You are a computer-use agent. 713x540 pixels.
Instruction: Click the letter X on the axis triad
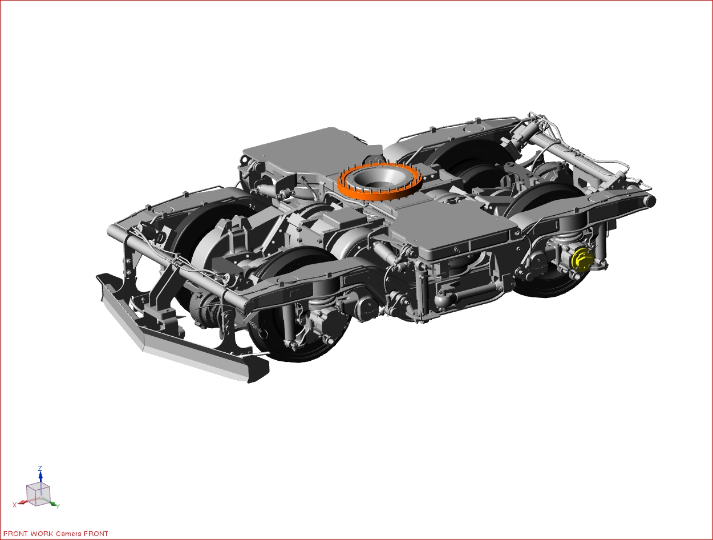(14, 505)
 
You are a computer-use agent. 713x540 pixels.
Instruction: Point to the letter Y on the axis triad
(58, 506)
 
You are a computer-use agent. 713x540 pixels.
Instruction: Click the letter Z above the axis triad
(40, 468)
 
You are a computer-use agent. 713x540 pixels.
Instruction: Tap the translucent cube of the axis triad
(38, 494)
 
